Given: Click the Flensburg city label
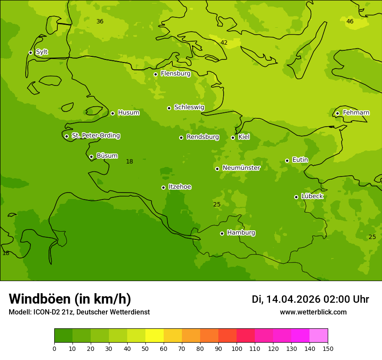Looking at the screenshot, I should coord(175,74).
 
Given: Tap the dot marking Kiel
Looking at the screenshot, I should coord(233,137).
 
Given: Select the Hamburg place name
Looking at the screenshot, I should coord(241,233).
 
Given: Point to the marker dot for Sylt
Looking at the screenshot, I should coord(30,52).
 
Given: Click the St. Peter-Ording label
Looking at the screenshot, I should coord(95,136).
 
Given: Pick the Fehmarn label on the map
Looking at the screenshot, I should coord(356,113).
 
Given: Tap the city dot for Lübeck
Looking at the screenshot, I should coord(296,197).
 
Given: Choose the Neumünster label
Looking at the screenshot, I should coord(241,168).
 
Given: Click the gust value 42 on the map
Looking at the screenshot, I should coord(224,43).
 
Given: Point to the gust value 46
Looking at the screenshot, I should coord(350,21).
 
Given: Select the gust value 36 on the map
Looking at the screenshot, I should coord(100,21).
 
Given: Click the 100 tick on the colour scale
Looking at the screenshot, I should coord(237,348).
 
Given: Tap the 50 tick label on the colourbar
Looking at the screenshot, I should coord(145,348).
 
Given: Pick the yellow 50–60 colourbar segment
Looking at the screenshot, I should coord(155,336).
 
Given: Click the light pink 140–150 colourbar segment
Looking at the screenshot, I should coord(319,336).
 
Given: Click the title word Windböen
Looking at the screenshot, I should coord(40,299).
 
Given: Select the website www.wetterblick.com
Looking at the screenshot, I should coord(313,312).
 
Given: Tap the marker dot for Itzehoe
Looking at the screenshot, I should coord(163,187).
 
